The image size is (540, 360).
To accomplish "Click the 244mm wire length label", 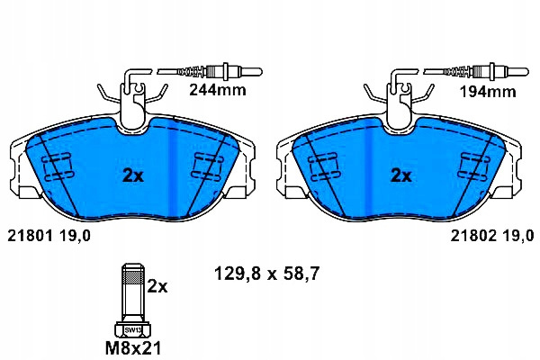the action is pos(218,90).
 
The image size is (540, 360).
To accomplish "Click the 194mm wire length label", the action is pos(488,92).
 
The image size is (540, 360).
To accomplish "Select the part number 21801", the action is pos(30,236).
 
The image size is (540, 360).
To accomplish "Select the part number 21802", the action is pos(473,236).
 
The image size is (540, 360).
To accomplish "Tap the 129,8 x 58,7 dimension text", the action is pos(267,274).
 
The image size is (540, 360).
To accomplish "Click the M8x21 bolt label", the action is pos(133,348).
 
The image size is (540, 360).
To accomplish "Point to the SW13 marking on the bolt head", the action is pos(133,330).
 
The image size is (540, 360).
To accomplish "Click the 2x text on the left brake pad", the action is pos(133,176).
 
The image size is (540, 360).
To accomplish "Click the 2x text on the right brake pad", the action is pos(400,176).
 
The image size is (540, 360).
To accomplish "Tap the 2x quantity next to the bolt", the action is pos(157,286).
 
